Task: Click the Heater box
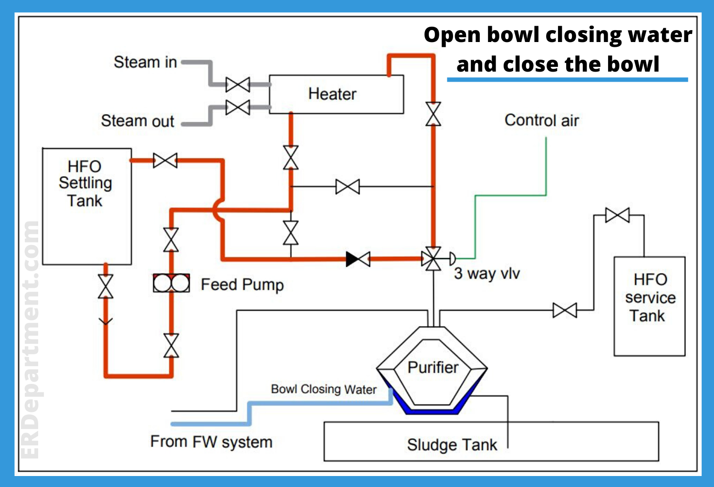(x=336, y=94)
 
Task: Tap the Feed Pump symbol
(x=171, y=283)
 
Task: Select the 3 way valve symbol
(x=433, y=259)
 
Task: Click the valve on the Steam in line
(x=238, y=85)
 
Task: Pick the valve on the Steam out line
(x=238, y=107)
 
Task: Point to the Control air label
(x=541, y=120)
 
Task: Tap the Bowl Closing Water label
(x=323, y=389)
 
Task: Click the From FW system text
(x=211, y=442)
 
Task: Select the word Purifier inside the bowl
(x=433, y=367)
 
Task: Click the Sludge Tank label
(x=452, y=445)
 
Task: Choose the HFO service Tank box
(x=649, y=306)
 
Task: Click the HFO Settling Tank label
(x=85, y=184)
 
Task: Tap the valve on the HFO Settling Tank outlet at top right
(x=165, y=160)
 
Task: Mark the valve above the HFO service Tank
(x=617, y=215)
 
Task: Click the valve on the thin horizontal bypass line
(x=348, y=187)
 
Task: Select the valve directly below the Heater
(x=290, y=158)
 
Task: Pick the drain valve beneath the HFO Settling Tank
(x=105, y=286)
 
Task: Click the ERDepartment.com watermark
(x=31, y=339)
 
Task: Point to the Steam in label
(x=145, y=62)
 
